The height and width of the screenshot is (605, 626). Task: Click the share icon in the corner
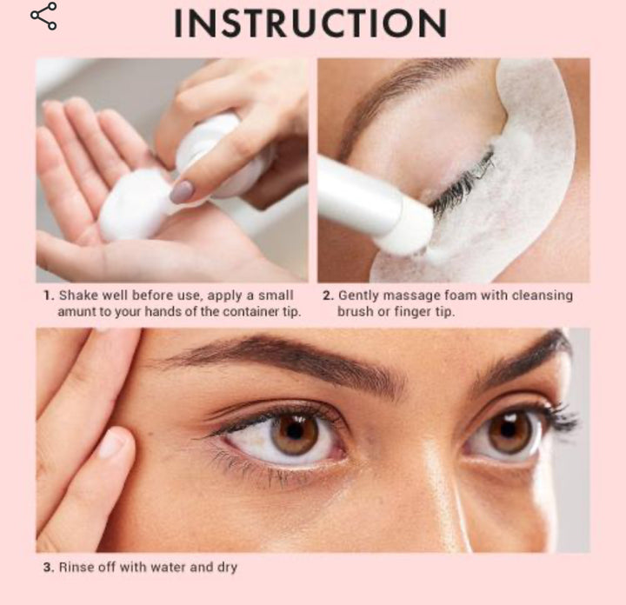pyautogui.click(x=43, y=16)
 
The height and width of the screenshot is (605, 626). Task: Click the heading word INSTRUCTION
pyautogui.click(x=310, y=23)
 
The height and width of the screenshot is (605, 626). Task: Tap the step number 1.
pyautogui.click(x=49, y=296)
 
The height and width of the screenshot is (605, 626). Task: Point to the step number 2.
pyautogui.click(x=328, y=296)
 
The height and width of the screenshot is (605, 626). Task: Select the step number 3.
pyautogui.click(x=49, y=567)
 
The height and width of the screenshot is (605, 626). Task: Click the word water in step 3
pyautogui.click(x=166, y=567)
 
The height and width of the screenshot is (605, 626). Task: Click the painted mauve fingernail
pyautogui.click(x=182, y=191)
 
